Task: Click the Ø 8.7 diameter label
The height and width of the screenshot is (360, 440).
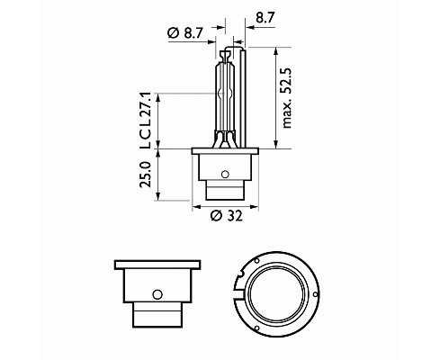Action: (186, 33)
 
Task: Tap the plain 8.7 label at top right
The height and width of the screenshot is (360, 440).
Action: (265, 18)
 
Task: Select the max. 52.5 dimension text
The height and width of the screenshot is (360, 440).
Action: (287, 98)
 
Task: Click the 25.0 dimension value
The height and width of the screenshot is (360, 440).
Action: (146, 175)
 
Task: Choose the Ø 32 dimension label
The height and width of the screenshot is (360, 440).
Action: (226, 216)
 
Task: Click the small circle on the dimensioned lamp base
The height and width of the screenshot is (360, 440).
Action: (225, 174)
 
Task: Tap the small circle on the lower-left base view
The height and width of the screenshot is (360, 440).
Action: (157, 294)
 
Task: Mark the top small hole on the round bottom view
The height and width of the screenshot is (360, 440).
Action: (256, 261)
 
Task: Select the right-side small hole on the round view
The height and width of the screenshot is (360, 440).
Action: (315, 294)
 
